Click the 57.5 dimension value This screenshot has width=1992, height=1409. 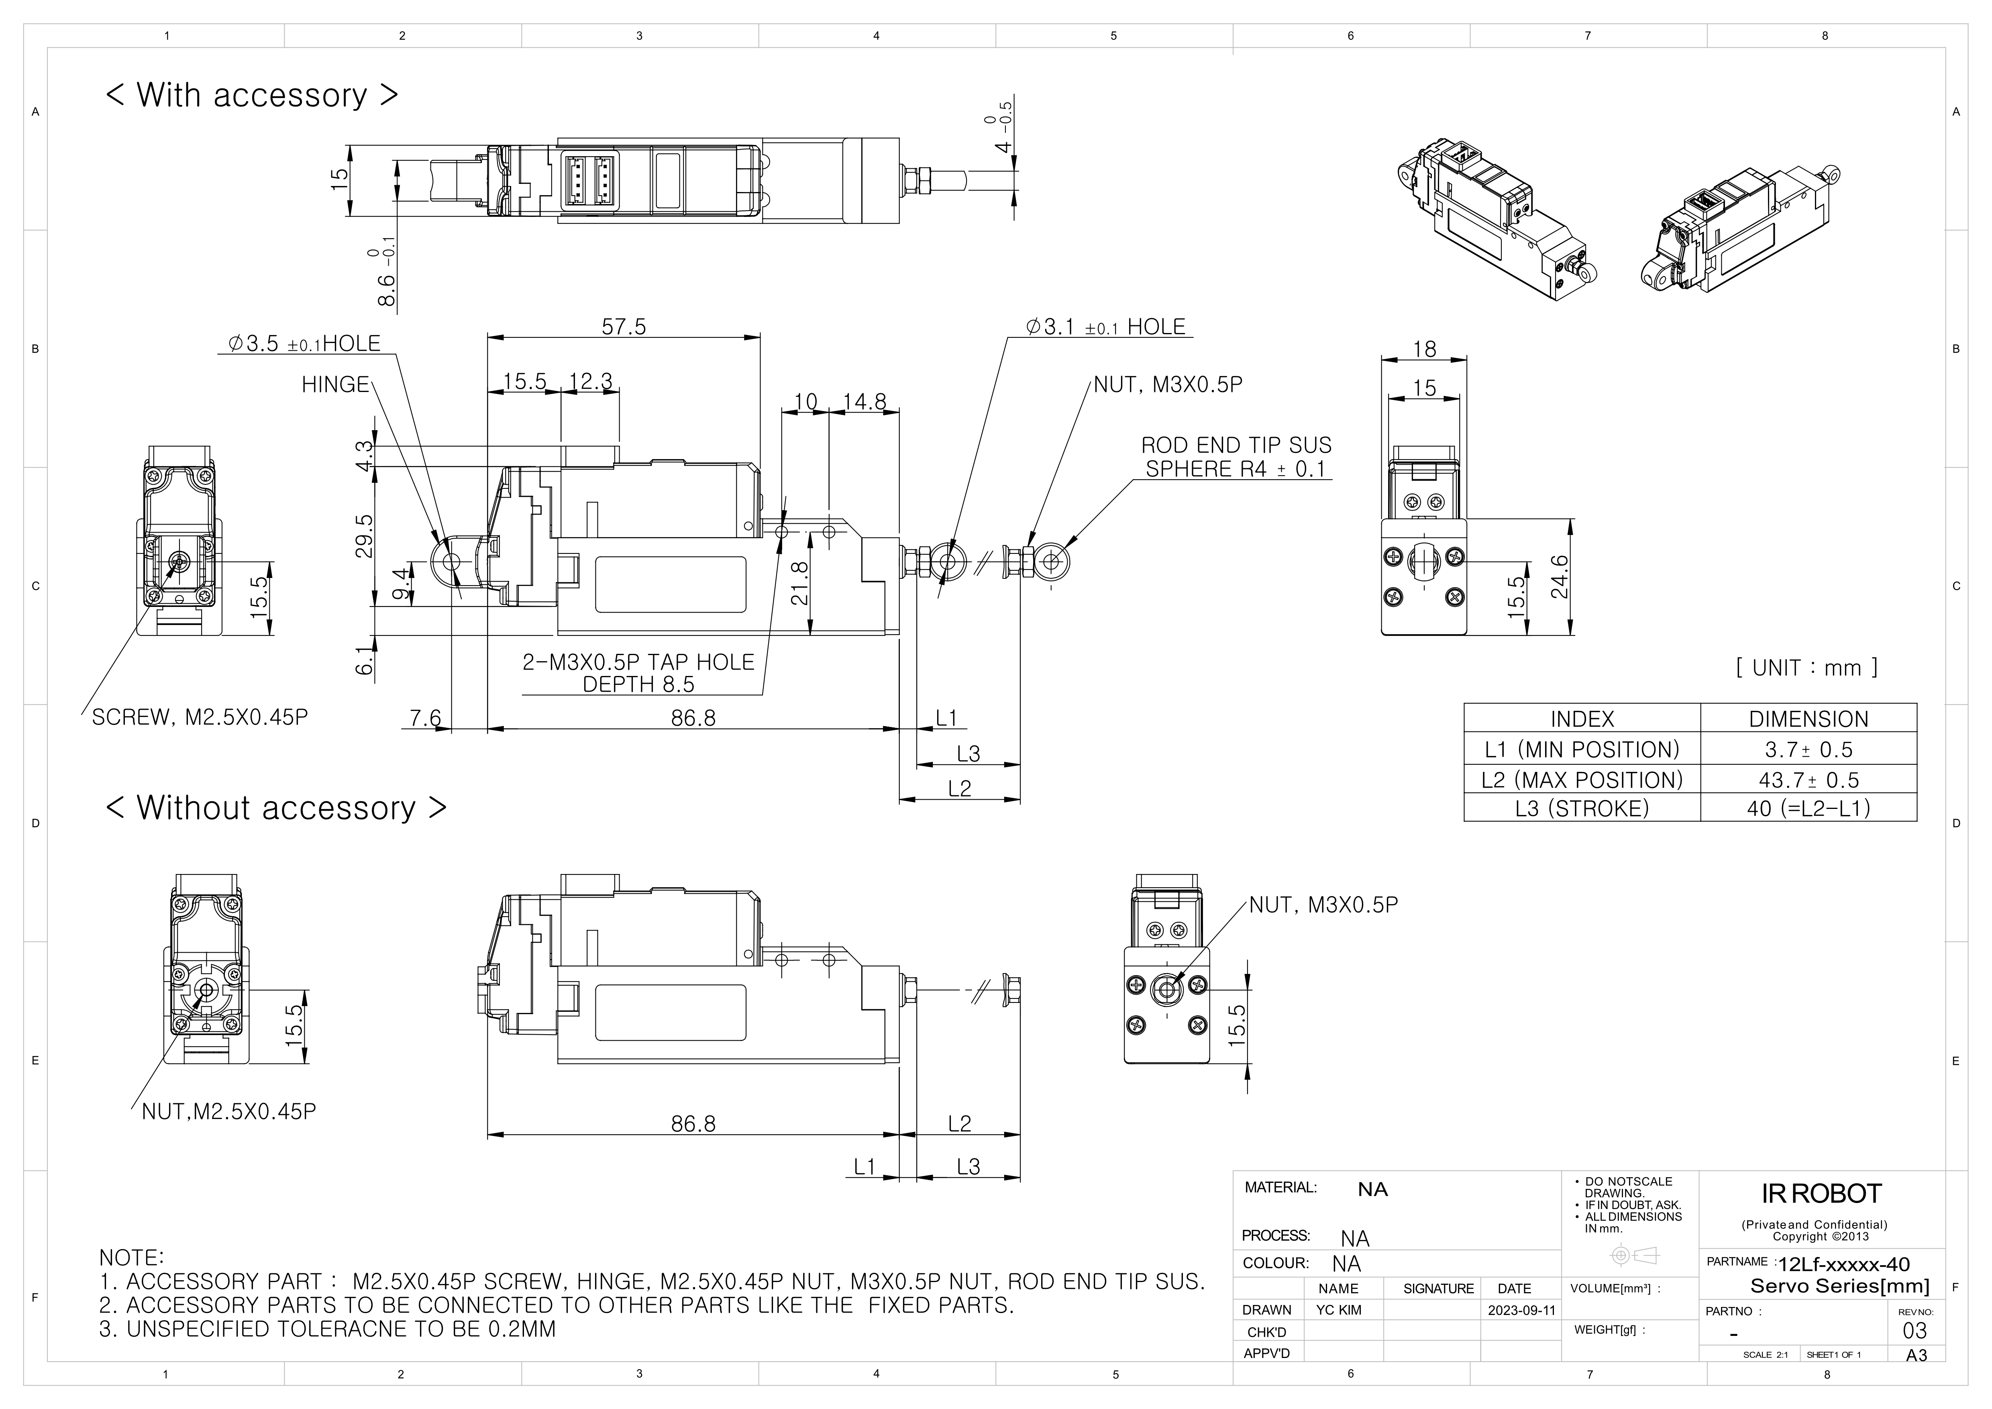[624, 327]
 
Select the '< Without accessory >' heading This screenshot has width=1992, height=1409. [276, 808]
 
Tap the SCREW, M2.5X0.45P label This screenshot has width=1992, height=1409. [200, 717]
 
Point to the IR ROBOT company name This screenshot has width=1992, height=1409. [1821, 1194]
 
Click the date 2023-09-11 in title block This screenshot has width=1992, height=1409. [1521, 1310]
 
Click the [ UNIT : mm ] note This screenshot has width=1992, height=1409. [1806, 667]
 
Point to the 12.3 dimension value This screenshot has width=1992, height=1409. [591, 382]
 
